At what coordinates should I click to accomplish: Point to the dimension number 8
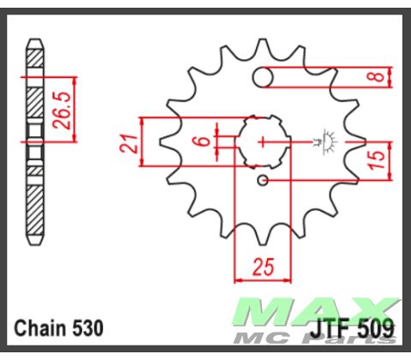pos(374,76)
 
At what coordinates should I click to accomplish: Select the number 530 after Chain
pos(88,327)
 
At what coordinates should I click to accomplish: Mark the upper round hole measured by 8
pos(265,78)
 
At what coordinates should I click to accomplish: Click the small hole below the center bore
pos(264,180)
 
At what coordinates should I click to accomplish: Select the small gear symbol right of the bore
pos(326,138)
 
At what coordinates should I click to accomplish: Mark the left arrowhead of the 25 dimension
pos(237,279)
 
